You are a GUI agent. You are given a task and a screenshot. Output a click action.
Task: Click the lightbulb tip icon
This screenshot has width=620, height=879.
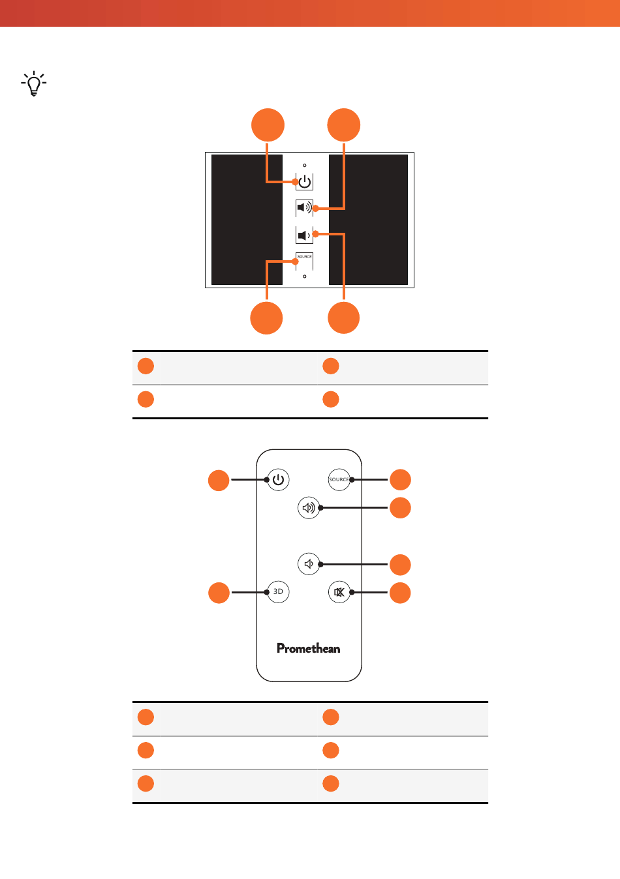click(x=34, y=83)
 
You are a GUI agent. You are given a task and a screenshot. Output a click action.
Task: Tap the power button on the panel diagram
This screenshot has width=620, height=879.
click(x=304, y=182)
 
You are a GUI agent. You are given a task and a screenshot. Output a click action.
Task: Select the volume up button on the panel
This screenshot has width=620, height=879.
click(x=304, y=207)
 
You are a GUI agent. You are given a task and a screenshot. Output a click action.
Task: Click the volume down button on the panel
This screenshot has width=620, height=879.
click(x=304, y=235)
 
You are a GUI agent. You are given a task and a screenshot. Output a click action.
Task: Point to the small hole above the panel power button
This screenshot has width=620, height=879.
click(x=304, y=165)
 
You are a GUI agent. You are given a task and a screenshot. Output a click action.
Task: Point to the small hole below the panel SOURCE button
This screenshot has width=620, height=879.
click(x=304, y=276)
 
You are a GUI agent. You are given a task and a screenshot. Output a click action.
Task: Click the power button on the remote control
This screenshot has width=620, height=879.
click(x=279, y=479)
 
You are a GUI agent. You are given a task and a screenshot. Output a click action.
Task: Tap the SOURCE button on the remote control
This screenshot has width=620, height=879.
click(x=339, y=479)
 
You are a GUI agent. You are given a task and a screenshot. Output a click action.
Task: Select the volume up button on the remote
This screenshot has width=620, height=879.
click(x=309, y=508)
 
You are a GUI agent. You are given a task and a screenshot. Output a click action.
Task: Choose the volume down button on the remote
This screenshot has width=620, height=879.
click(x=309, y=564)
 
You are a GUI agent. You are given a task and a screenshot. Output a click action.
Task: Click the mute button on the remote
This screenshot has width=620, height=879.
click(x=339, y=591)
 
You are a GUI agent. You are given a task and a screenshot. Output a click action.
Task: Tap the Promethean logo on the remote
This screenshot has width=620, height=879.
click(x=308, y=648)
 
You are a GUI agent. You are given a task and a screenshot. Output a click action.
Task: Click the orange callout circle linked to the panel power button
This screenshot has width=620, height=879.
click(x=268, y=125)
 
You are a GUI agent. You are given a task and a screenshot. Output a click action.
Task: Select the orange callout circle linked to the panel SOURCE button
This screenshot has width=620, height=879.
click(x=267, y=318)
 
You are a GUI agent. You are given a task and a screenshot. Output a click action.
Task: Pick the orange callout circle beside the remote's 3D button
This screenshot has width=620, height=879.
click(x=219, y=593)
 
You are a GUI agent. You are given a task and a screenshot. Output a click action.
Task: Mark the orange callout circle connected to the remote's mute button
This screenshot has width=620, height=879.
click(x=400, y=593)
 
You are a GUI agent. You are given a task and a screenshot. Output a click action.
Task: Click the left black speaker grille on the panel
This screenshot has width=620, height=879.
click(x=247, y=219)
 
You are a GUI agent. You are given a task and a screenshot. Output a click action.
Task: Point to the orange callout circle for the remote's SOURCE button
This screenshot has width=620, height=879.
click(x=400, y=479)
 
